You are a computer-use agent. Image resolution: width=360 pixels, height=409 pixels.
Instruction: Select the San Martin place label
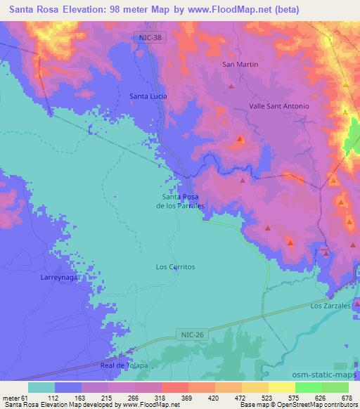(x=240, y=65)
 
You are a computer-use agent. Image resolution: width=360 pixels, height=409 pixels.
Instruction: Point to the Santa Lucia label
(x=147, y=96)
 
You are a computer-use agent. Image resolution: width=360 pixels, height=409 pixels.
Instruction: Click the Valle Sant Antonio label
(x=279, y=106)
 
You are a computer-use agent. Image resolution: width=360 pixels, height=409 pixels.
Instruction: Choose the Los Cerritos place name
(x=174, y=267)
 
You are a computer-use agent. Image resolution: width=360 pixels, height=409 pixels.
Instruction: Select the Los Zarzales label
(x=330, y=306)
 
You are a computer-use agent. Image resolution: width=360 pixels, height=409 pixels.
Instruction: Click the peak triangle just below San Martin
(x=231, y=86)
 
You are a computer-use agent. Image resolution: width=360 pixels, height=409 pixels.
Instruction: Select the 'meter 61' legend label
(x=15, y=396)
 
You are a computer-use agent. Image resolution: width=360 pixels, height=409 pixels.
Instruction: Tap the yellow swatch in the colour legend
(x=282, y=387)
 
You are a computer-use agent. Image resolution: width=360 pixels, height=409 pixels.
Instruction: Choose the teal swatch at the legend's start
(x=41, y=387)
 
